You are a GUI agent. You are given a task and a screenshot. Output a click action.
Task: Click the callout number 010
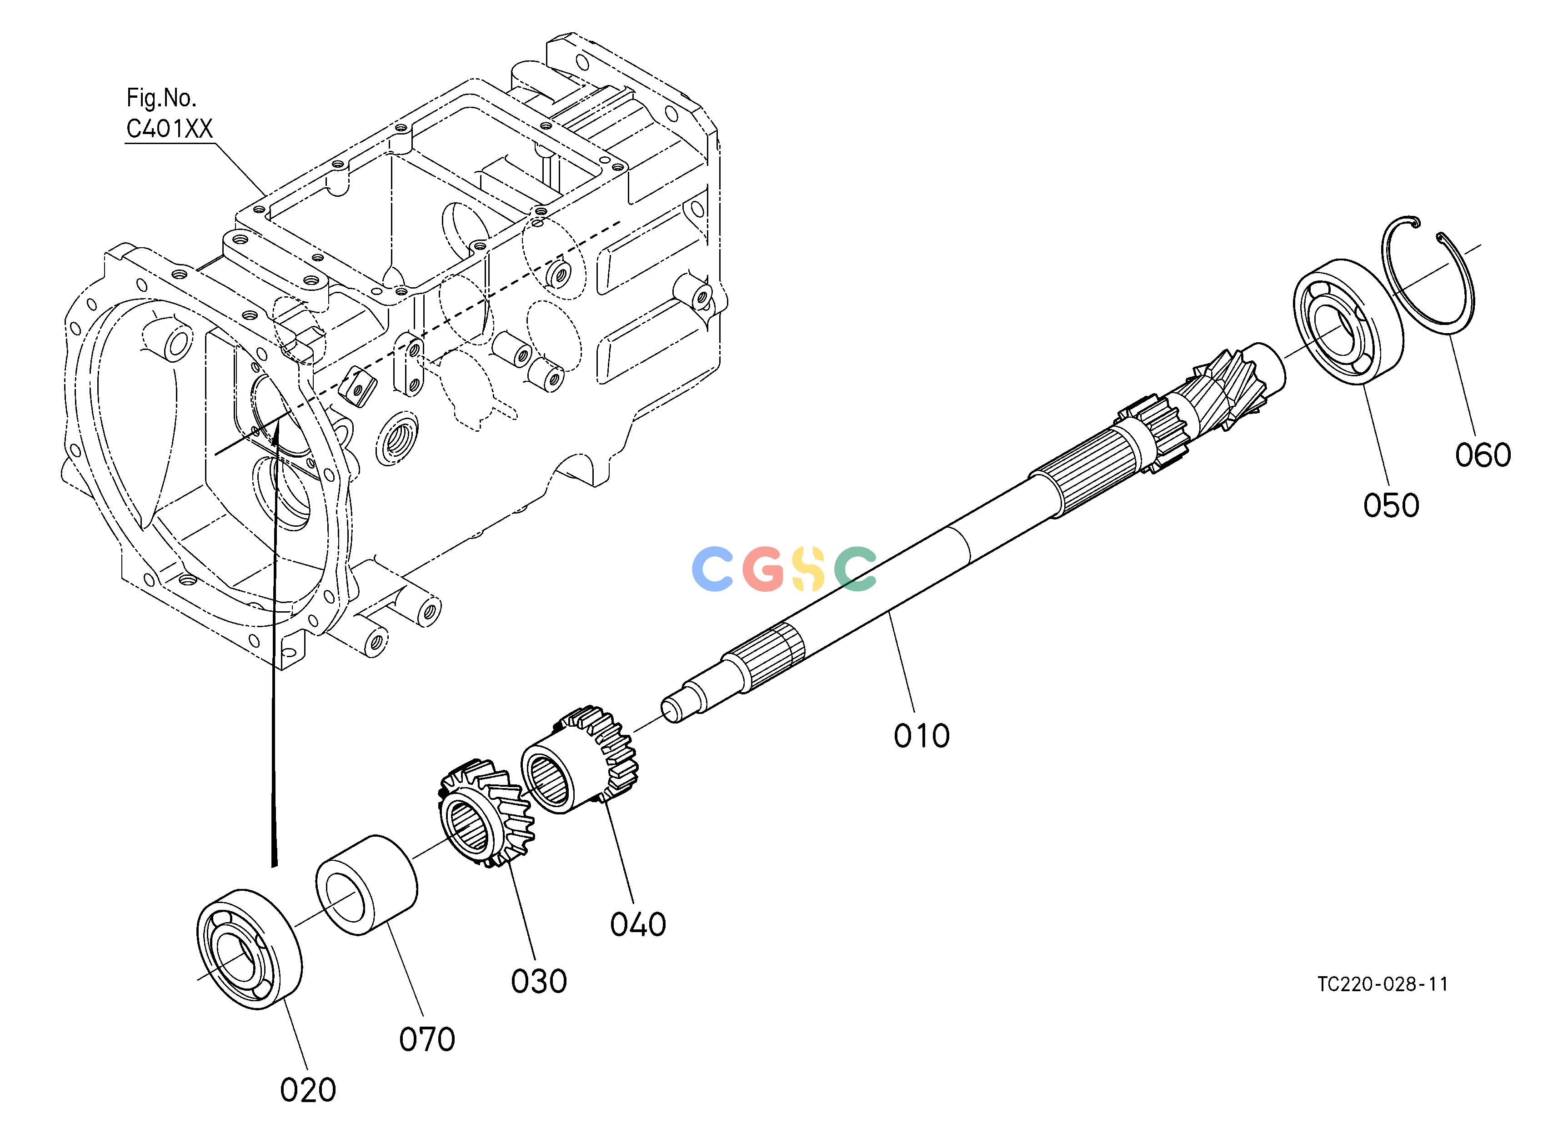(x=922, y=736)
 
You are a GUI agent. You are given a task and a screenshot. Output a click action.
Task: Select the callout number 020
(x=308, y=1090)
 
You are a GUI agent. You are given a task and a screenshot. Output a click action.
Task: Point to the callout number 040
(x=637, y=924)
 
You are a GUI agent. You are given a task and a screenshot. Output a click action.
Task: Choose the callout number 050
(x=1391, y=505)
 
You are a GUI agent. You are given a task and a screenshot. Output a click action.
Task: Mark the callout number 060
(x=1483, y=454)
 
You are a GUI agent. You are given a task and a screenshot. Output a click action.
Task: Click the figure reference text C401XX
(x=170, y=129)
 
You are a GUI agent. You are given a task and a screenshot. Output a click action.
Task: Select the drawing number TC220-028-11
(x=1383, y=984)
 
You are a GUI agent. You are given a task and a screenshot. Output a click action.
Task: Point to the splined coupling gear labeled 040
(x=579, y=760)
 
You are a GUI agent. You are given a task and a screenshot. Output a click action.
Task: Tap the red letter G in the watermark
(x=764, y=569)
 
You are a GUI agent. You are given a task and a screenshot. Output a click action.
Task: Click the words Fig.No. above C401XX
(x=161, y=98)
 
